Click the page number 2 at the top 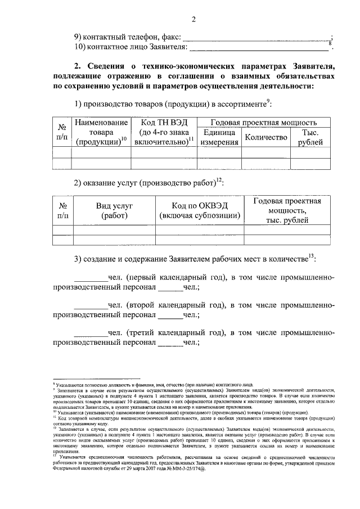click(x=193, y=21)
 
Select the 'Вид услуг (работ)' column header click(x=115, y=211)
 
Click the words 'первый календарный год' click(x=174, y=277)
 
